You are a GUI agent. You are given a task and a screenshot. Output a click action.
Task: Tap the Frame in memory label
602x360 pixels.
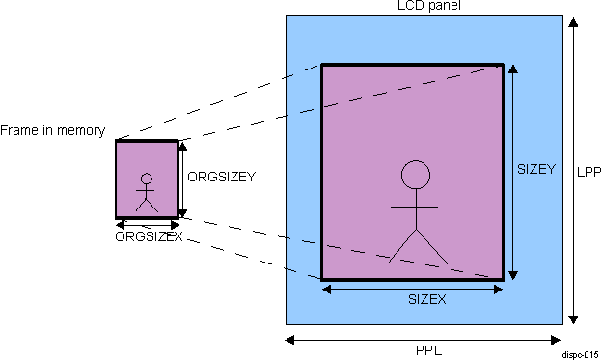click(52, 130)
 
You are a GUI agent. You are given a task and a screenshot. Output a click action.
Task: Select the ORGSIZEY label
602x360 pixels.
click(221, 178)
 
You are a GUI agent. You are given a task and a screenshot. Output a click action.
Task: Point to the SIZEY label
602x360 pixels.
click(536, 169)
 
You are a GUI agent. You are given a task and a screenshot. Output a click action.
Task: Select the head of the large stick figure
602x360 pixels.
click(415, 175)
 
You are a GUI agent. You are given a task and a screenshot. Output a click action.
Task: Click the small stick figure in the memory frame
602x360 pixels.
click(147, 192)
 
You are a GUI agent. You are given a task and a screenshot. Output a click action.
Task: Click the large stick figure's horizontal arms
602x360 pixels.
click(415, 208)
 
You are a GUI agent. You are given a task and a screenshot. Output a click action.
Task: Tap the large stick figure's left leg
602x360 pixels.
click(402, 246)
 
